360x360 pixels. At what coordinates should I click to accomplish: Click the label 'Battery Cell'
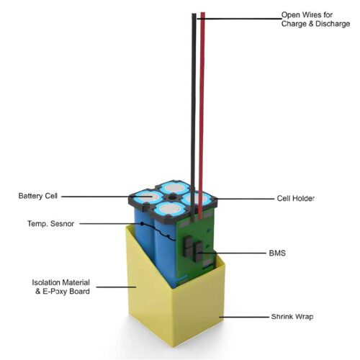tap(38, 196)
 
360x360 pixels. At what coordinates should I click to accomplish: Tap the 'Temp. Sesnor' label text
tap(50, 224)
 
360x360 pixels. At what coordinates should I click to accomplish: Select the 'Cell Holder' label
tap(295, 199)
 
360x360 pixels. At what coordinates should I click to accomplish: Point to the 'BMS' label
tap(277, 253)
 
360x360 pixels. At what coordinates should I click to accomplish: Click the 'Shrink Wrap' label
tap(292, 317)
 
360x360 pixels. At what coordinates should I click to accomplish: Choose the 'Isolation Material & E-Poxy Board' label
tap(61, 287)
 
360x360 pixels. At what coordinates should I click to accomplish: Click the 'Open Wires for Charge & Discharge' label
tap(315, 19)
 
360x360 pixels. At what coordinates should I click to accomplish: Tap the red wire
tap(202, 115)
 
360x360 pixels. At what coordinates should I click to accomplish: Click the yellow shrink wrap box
tap(175, 302)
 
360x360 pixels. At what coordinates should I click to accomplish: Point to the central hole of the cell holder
tap(172, 197)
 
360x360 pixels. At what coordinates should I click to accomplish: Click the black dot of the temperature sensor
tap(142, 224)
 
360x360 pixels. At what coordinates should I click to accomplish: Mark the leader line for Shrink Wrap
tap(244, 317)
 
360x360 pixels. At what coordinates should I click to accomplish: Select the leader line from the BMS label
tap(232, 253)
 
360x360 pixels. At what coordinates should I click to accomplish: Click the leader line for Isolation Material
tap(116, 287)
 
